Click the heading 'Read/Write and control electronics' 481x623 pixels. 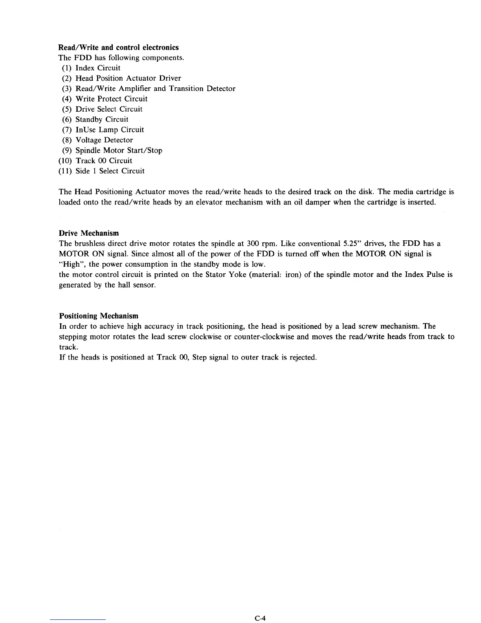pos(118,48)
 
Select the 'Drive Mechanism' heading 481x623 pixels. pos(89,233)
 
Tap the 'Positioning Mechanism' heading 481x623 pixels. pos(99,316)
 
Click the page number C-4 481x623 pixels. pos(261,618)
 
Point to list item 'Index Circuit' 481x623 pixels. pos(98,68)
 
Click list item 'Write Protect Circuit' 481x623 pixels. pos(112,99)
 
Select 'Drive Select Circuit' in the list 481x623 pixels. pos(109,109)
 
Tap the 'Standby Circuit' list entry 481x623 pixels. pos(102,119)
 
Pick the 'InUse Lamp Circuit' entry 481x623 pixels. pos(110,130)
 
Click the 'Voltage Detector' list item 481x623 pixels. pos(104,140)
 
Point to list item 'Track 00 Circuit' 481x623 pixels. pos(104,160)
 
